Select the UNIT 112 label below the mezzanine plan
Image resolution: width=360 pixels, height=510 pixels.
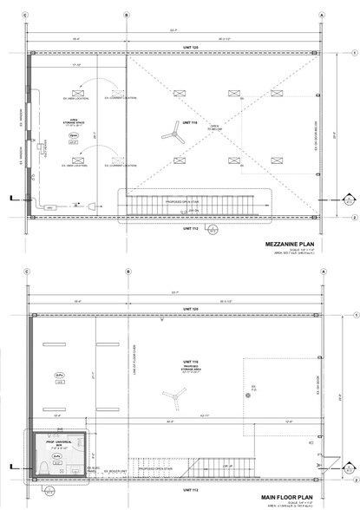(178, 230)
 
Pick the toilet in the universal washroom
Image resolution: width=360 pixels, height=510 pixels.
(43, 467)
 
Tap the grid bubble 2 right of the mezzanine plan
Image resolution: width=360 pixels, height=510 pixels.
(356, 218)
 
